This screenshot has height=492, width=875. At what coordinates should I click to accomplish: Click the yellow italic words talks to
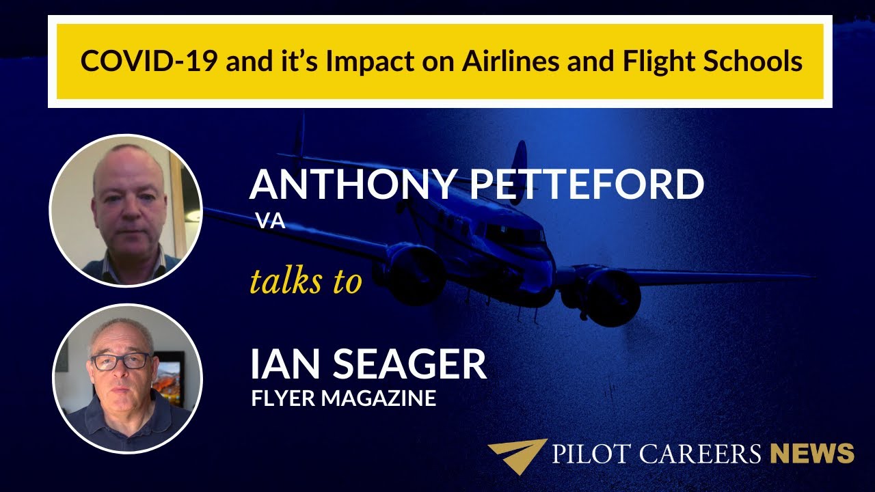[x=305, y=281]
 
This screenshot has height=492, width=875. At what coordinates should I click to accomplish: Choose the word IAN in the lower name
[x=282, y=364]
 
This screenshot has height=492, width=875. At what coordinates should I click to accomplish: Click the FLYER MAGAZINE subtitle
[x=344, y=398]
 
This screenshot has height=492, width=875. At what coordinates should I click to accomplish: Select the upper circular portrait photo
[x=126, y=210]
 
